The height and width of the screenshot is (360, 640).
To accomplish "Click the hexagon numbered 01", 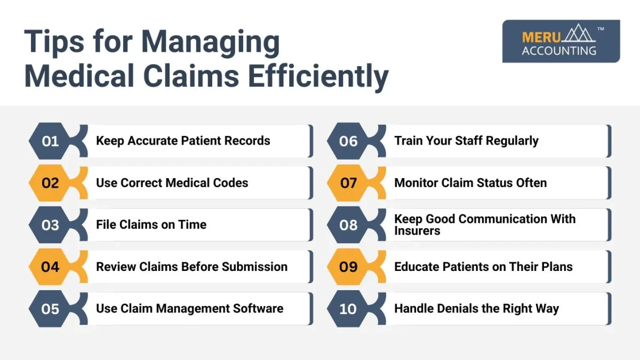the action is (50, 141).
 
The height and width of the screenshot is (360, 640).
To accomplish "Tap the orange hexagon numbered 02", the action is (50, 183).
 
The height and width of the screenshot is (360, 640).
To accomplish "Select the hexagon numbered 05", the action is (50, 309).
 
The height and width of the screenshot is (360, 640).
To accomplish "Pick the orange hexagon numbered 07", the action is (348, 183).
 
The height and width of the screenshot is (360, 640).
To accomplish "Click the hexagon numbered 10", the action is (348, 309).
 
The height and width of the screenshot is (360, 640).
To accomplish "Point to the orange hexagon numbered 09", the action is (348, 267).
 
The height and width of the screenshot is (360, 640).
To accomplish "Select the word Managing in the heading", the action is (211, 42).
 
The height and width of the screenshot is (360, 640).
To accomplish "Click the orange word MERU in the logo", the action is (541, 37).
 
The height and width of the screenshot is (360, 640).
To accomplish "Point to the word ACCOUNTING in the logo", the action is (559, 51).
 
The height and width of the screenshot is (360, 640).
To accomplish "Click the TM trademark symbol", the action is (601, 29).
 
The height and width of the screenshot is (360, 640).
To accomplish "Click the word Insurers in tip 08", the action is (417, 231).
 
